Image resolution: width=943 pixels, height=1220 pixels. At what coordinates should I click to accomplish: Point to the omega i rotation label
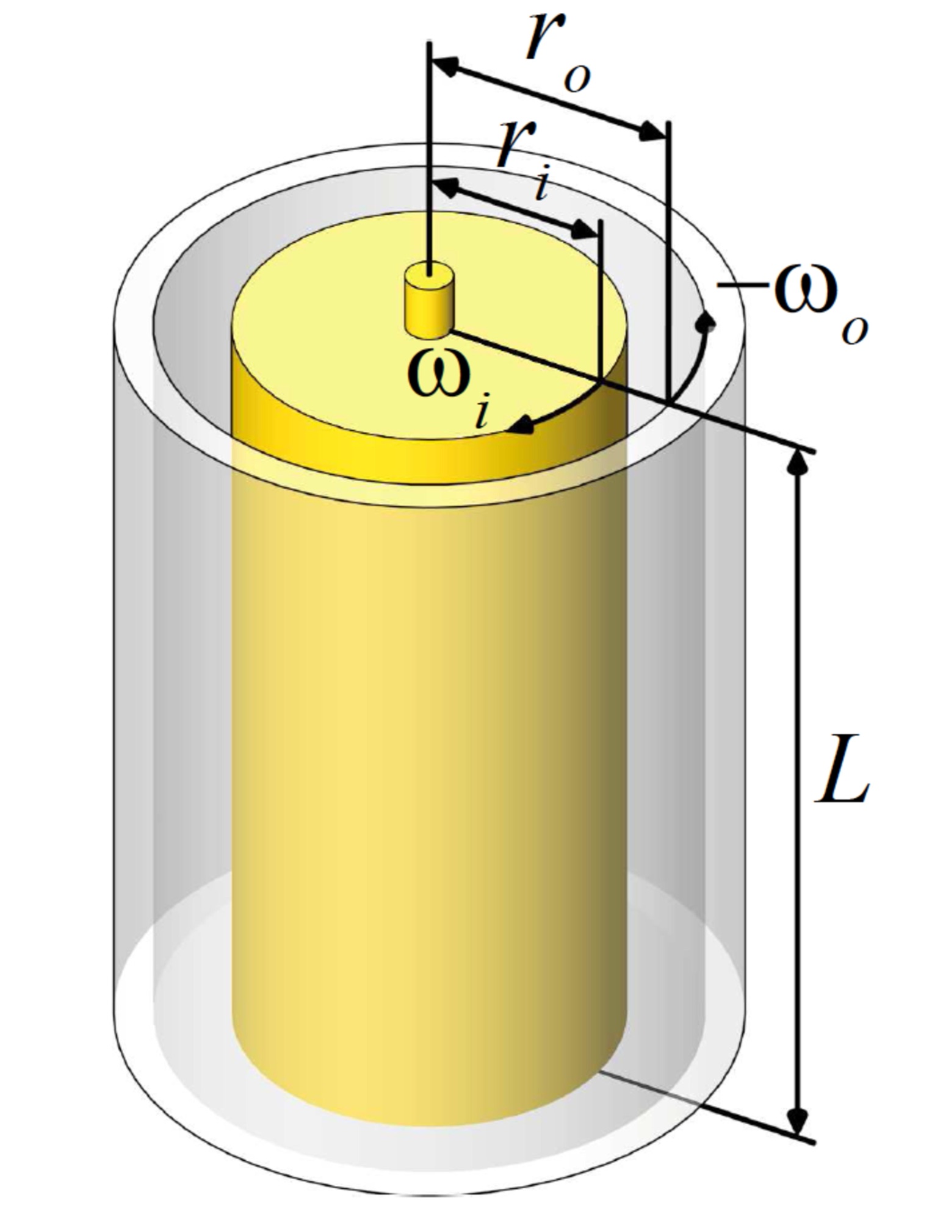[x=452, y=387]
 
